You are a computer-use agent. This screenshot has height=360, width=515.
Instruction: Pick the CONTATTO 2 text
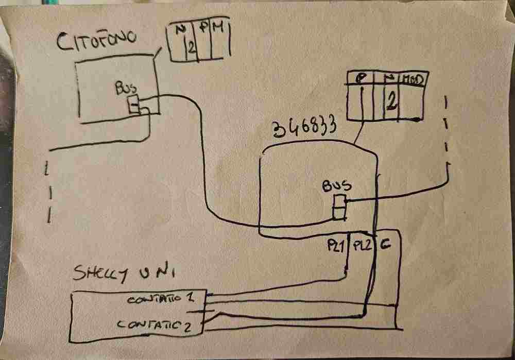pyautogui.click(x=152, y=324)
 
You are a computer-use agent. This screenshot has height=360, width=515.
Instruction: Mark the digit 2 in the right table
pyautogui.click(x=391, y=101)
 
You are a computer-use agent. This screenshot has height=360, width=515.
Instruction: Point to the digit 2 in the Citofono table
pyautogui.click(x=190, y=48)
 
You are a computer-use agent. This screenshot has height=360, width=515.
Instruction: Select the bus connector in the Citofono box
pyautogui.click(x=133, y=105)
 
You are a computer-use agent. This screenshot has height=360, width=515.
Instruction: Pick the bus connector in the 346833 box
pyautogui.click(x=339, y=206)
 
